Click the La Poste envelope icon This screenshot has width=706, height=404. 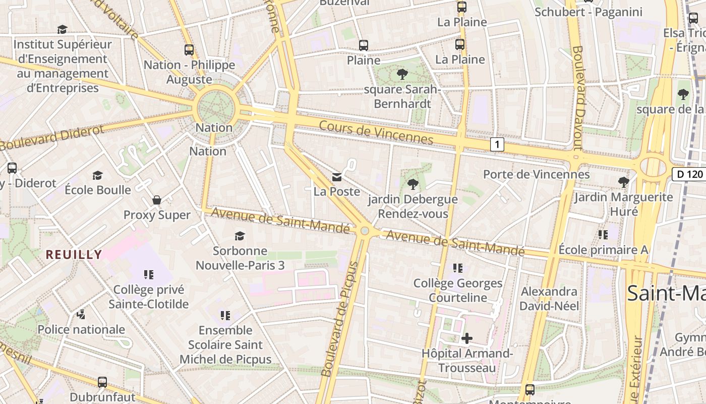tap(336, 177)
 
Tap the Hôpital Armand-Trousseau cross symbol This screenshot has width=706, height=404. tap(467, 338)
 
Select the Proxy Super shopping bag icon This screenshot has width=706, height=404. tap(157, 200)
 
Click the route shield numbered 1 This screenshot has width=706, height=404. tap(497, 144)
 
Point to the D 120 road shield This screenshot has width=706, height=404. tap(689, 174)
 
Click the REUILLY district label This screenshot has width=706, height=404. tap(74, 255)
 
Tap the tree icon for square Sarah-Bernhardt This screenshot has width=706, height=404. tap(402, 74)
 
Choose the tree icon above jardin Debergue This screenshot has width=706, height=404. tap(413, 184)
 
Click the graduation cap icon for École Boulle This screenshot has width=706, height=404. tap(97, 175)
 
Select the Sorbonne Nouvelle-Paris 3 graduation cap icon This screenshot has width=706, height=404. tap(240, 236)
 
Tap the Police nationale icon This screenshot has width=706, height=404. tap(81, 315)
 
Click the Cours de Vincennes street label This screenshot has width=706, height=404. tap(376, 132)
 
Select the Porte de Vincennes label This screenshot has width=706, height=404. tap(536, 174)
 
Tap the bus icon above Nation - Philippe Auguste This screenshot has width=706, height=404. tap(189, 50)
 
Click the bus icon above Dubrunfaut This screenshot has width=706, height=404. tap(102, 382)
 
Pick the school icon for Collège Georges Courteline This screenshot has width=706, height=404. tap(458, 268)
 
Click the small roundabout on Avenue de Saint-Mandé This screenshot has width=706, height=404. tap(365, 231)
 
